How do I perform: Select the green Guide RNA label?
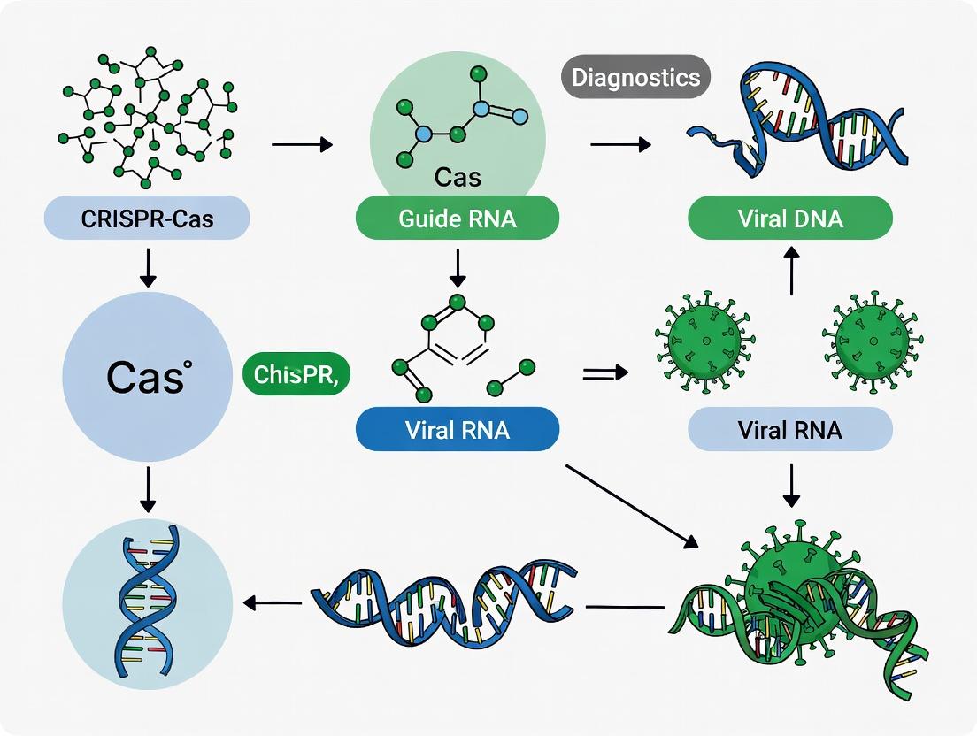(x=457, y=218)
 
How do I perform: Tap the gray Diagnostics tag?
(x=636, y=77)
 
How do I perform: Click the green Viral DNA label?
(x=790, y=218)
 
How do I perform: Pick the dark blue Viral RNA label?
(x=457, y=431)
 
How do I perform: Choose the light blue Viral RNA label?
(x=790, y=431)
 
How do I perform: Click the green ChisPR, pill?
(x=296, y=374)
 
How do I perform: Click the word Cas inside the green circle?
(x=458, y=177)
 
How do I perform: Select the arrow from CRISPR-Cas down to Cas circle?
(x=148, y=267)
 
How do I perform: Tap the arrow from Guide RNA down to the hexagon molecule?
(x=458, y=267)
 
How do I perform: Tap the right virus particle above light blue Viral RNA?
(x=872, y=336)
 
